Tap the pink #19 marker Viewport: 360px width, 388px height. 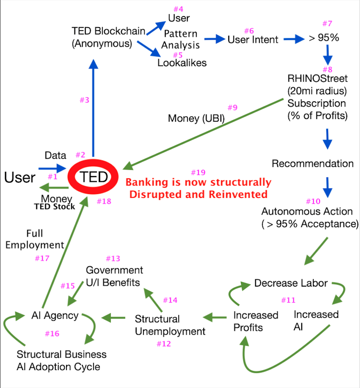point(198,172)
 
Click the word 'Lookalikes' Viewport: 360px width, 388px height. point(182,63)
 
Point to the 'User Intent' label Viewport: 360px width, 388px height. point(253,39)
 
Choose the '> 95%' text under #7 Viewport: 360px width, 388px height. point(323,38)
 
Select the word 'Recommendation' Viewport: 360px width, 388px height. point(313,164)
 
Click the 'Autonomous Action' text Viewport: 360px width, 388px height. point(307,212)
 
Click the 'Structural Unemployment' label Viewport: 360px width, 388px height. point(170,325)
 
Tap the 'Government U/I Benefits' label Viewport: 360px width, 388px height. point(114,276)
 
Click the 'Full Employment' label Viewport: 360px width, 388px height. point(45,239)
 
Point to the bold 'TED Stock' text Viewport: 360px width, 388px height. point(54,206)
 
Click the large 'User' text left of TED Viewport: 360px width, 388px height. point(19,177)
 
